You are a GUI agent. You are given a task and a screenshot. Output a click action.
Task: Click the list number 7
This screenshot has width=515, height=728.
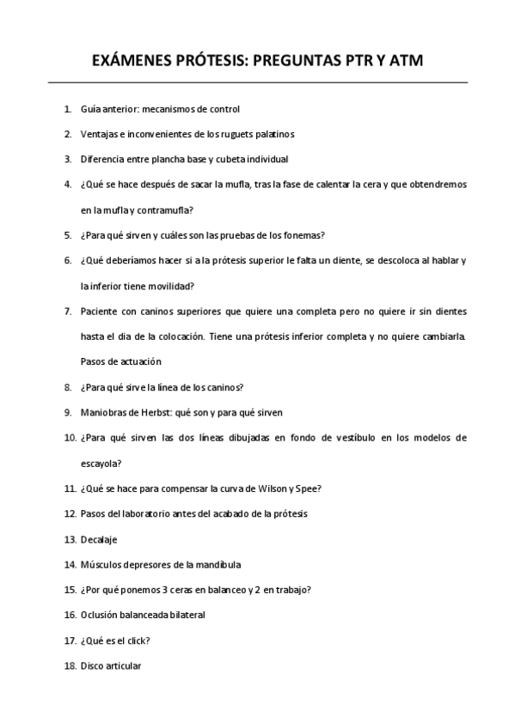(68, 310)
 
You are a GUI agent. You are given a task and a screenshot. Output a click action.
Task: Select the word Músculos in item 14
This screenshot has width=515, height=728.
(101, 565)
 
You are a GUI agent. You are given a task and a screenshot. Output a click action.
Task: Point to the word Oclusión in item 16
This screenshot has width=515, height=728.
(101, 616)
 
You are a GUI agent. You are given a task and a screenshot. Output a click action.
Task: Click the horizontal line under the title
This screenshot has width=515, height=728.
(257, 82)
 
